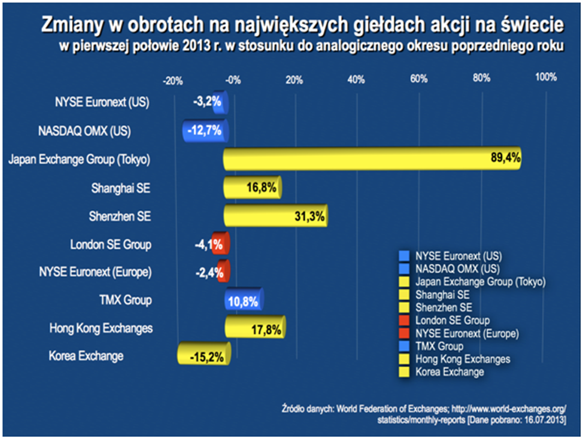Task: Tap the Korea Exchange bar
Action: click(204, 356)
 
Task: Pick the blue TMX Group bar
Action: click(245, 301)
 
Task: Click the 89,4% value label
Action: click(504, 159)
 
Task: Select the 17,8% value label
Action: click(267, 330)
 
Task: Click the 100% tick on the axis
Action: click(545, 77)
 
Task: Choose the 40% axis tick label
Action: click(356, 80)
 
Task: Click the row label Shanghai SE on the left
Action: click(120, 188)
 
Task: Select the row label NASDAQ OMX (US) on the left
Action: click(84, 131)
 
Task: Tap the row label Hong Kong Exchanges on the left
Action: click(101, 328)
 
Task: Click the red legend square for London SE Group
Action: click(404, 320)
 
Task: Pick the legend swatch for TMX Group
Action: click(404, 346)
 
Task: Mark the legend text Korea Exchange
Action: click(450, 372)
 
